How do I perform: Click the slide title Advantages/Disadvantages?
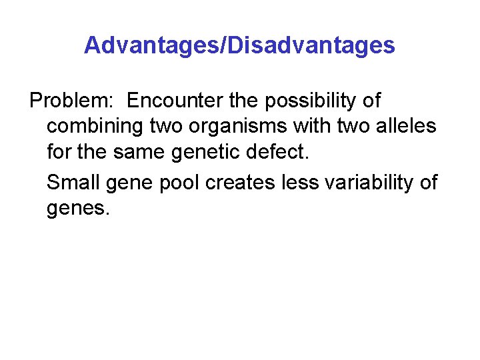(x=239, y=45)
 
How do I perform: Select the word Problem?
(x=72, y=101)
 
